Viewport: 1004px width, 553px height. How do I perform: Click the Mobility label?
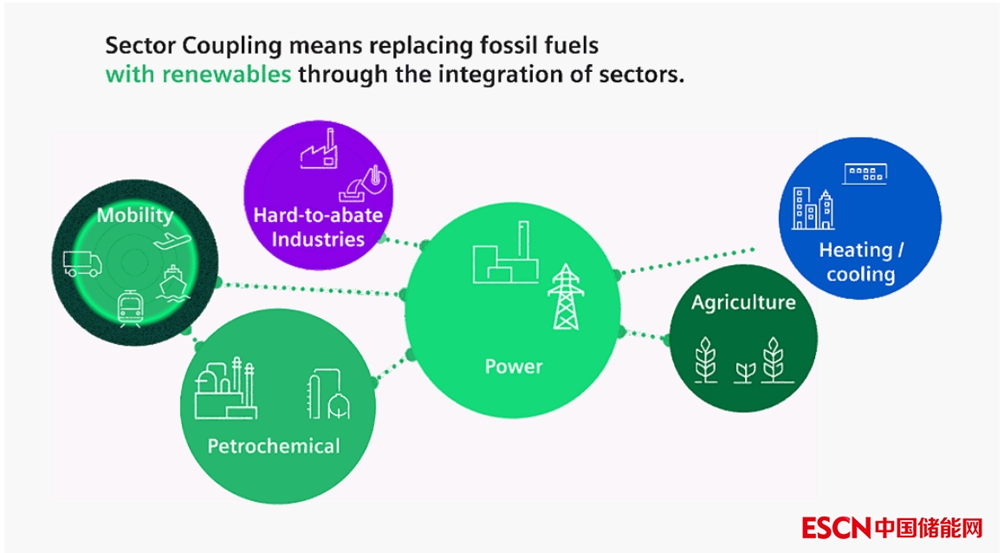point(134,215)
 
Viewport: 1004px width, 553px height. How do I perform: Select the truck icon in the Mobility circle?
point(82,263)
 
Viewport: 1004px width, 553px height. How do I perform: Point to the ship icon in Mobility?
point(172,282)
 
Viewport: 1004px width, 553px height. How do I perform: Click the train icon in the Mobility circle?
point(131,308)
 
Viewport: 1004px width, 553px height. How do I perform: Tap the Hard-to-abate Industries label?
point(317,226)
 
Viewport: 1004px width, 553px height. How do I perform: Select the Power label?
point(513,367)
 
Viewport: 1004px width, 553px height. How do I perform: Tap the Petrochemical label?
point(273,446)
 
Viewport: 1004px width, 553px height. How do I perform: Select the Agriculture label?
point(743,303)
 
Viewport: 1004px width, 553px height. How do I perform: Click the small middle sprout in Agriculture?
point(744,371)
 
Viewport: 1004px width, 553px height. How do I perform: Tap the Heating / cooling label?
point(860,262)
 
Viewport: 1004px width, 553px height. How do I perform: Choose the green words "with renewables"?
point(198,74)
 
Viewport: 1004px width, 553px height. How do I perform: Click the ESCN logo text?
point(837,526)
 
